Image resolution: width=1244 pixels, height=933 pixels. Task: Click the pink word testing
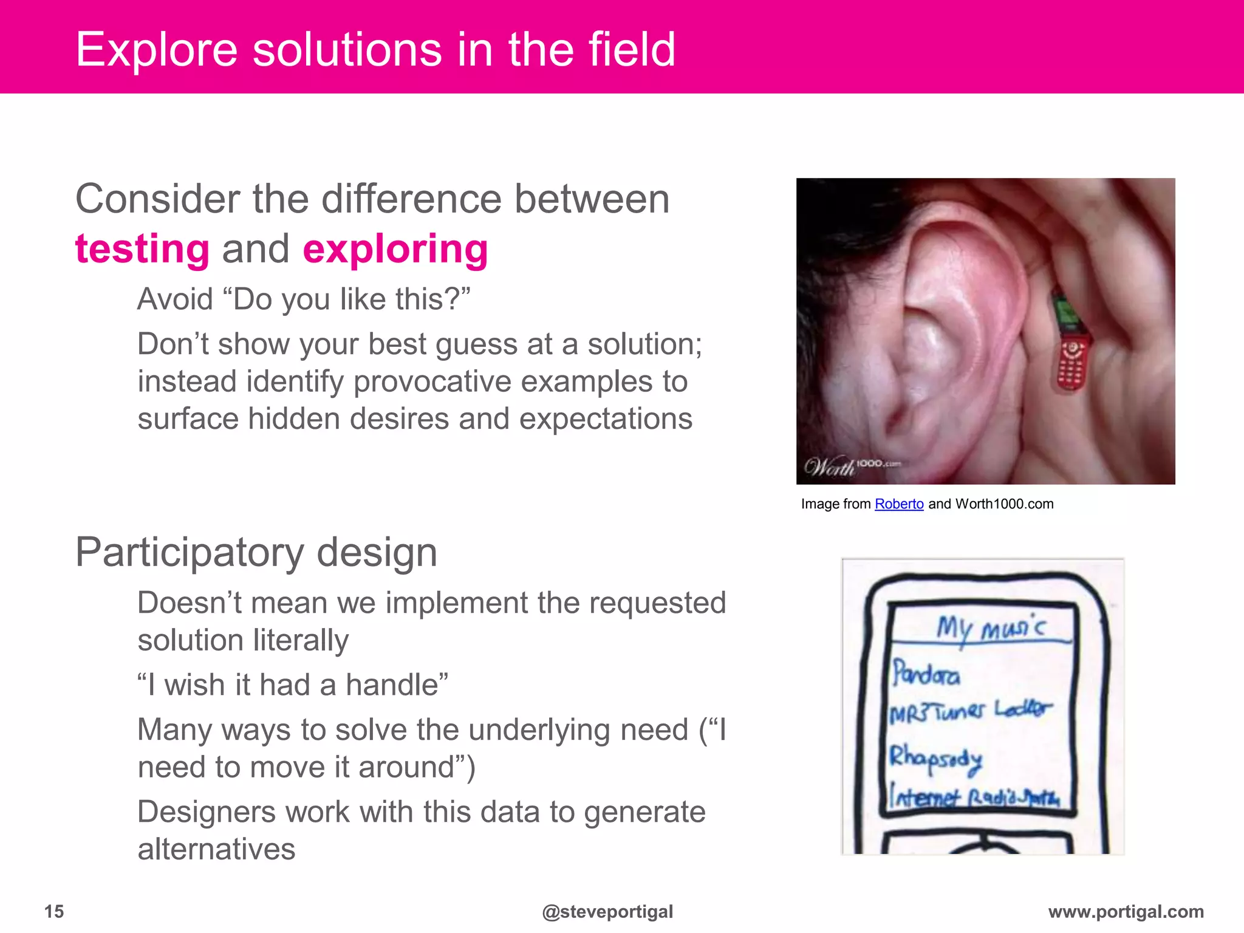[x=142, y=250]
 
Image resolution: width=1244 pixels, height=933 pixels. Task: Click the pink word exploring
[x=395, y=250]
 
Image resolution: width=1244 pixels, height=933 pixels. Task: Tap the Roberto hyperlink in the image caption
[x=898, y=504]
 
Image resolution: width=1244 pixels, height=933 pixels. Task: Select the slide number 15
[x=54, y=911]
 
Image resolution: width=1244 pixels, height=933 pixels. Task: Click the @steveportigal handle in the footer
[x=607, y=912]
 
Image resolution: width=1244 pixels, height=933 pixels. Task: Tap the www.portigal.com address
[x=1126, y=911]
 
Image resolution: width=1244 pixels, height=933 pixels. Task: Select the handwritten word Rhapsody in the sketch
[x=935, y=759]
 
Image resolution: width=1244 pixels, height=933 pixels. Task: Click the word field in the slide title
[x=632, y=50]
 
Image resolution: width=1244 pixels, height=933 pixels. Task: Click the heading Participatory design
[x=256, y=553]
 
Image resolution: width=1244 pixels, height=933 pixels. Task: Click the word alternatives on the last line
[x=216, y=849]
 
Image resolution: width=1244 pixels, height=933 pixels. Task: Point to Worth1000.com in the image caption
[x=1004, y=504]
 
